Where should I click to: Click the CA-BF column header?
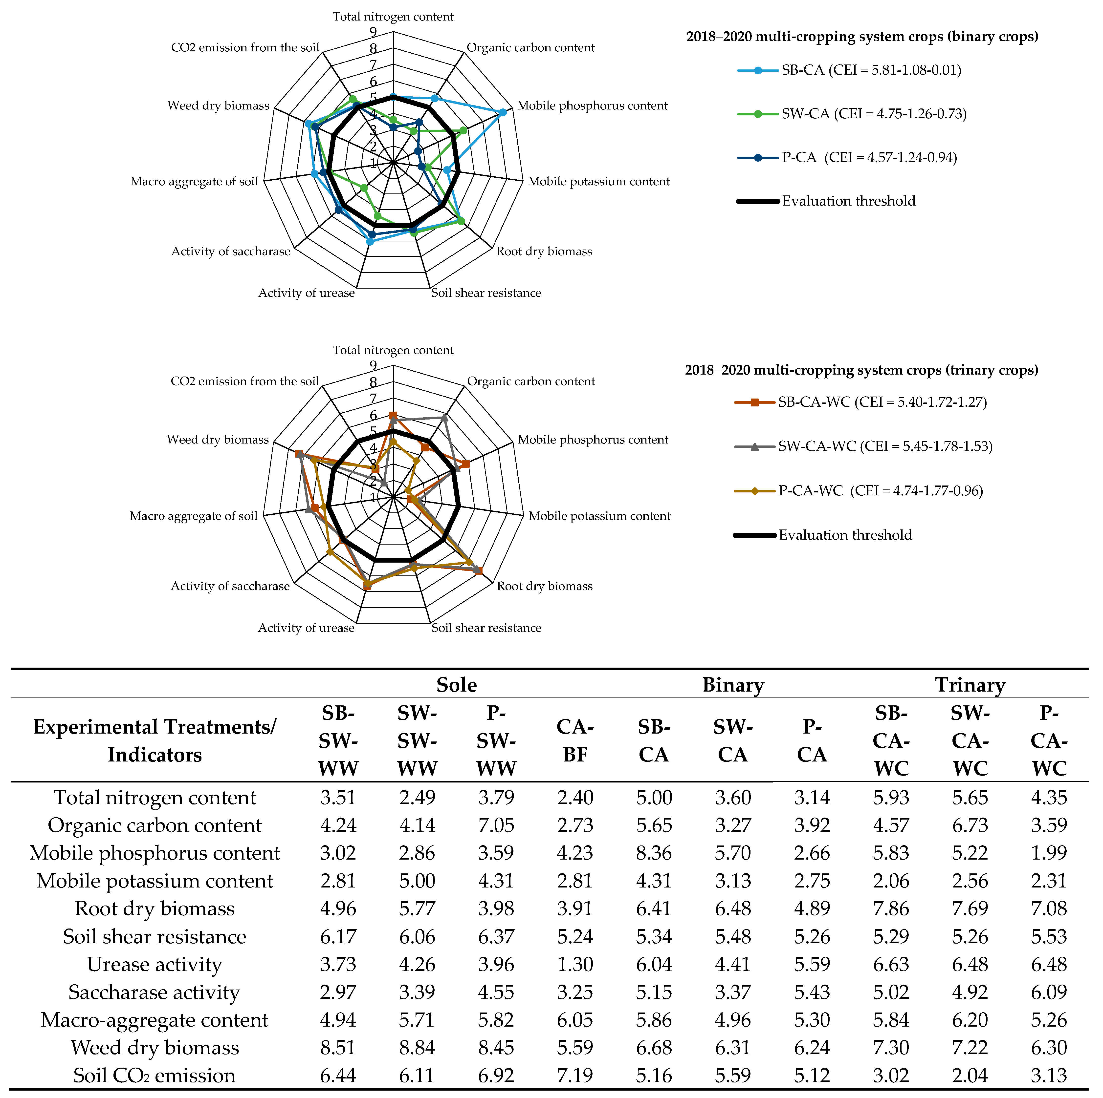[x=575, y=741]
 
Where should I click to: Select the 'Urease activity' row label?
[x=154, y=965]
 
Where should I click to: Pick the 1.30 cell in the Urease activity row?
[x=575, y=965]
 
